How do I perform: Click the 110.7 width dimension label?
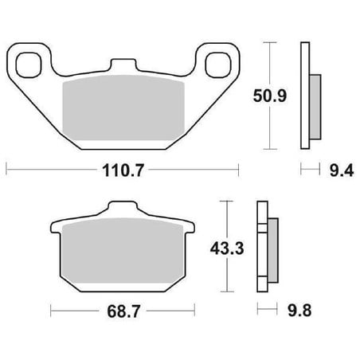[x=123, y=170]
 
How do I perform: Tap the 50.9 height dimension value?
[x=270, y=96]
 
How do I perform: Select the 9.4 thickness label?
[x=342, y=170]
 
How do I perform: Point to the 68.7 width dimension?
[x=123, y=311]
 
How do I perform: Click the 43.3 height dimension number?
[x=227, y=248]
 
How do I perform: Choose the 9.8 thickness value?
[x=299, y=311]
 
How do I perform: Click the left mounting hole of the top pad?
[x=29, y=65]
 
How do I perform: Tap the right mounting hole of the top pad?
[x=218, y=65]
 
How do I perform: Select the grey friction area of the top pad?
[x=123, y=108]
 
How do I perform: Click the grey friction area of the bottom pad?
[x=123, y=250]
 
